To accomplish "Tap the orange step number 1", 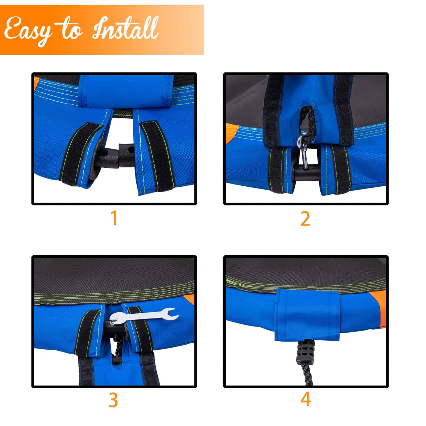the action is pos(114,218).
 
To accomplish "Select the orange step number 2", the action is pos(305,219).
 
